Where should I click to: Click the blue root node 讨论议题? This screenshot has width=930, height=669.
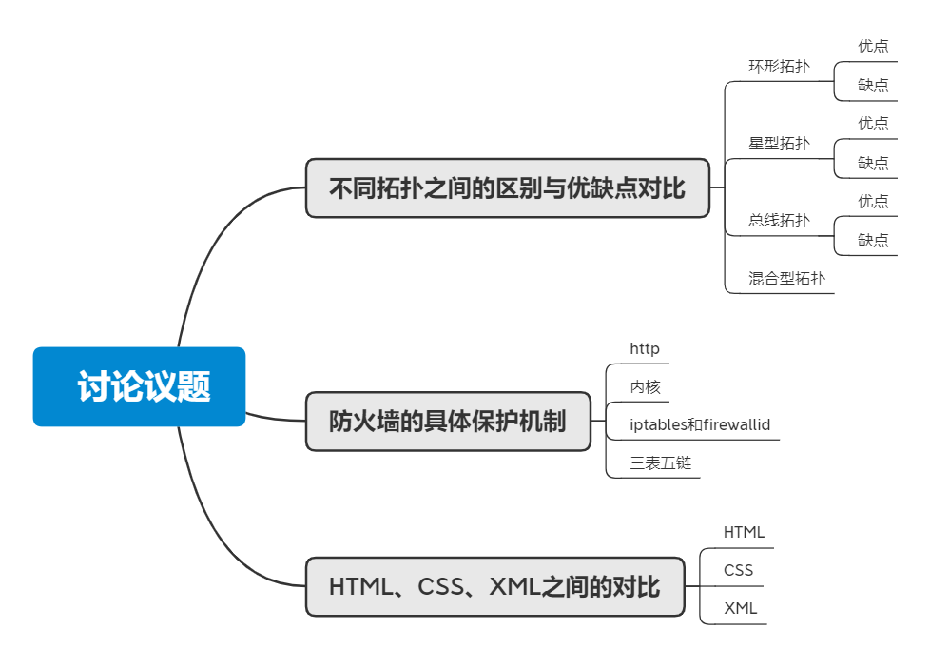click(139, 386)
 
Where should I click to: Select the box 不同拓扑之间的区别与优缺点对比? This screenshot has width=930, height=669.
click(507, 187)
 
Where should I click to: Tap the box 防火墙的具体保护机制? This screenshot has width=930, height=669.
click(447, 421)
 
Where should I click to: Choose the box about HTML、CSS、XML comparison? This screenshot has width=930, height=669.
click(494, 586)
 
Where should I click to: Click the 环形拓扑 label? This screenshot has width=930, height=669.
click(779, 67)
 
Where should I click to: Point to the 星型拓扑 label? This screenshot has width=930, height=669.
click(779, 144)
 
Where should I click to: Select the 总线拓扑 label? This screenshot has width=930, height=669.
click(779, 221)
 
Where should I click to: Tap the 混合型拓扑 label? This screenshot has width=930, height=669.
click(786, 279)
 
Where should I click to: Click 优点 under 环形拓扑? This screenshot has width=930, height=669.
click(873, 46)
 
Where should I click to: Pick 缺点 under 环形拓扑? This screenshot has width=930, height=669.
click(873, 85)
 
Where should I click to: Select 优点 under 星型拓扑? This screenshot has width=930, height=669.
click(873, 123)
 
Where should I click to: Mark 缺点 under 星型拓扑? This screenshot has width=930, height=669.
click(873, 163)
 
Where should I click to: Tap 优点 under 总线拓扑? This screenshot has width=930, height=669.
click(873, 201)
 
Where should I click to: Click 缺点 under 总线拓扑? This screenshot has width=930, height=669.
click(873, 240)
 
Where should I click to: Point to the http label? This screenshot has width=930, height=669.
click(645, 348)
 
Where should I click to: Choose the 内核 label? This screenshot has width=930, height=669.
click(645, 386)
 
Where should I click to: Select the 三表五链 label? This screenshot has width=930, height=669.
click(660, 463)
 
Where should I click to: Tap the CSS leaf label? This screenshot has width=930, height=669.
click(738, 570)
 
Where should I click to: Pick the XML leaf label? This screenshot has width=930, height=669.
click(740, 608)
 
